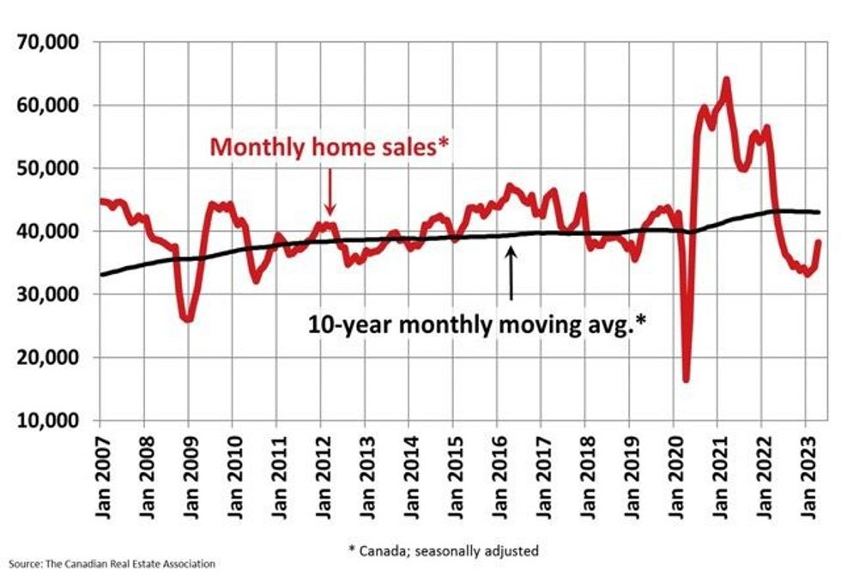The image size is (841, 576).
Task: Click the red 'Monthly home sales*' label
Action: coord(330,146)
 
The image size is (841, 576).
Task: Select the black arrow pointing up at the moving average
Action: coord(511,273)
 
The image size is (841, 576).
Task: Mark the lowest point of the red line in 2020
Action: coord(687,379)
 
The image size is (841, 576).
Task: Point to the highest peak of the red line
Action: coord(726,80)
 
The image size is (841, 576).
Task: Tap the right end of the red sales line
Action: coord(818,242)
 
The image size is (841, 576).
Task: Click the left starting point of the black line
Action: coord(100,275)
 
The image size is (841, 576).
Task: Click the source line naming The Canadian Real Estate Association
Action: coord(107,565)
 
